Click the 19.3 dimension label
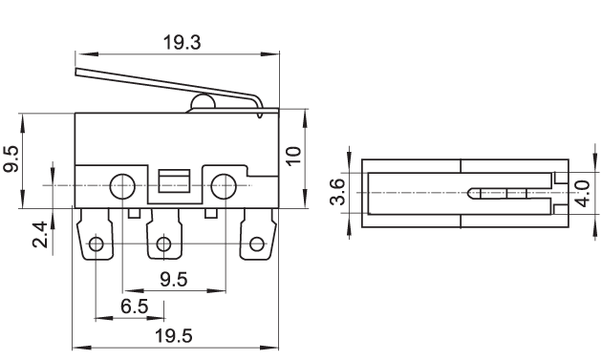pos(182,42)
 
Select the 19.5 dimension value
pos(174,336)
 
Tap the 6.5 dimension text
pos(135,307)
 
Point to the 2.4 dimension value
pos(40,235)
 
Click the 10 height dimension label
pos(294,156)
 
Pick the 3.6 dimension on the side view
pos(338,192)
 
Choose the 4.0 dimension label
pos(583,194)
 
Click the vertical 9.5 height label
pos(11,159)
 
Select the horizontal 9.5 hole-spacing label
pos(174,280)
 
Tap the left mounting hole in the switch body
pos(122,186)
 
